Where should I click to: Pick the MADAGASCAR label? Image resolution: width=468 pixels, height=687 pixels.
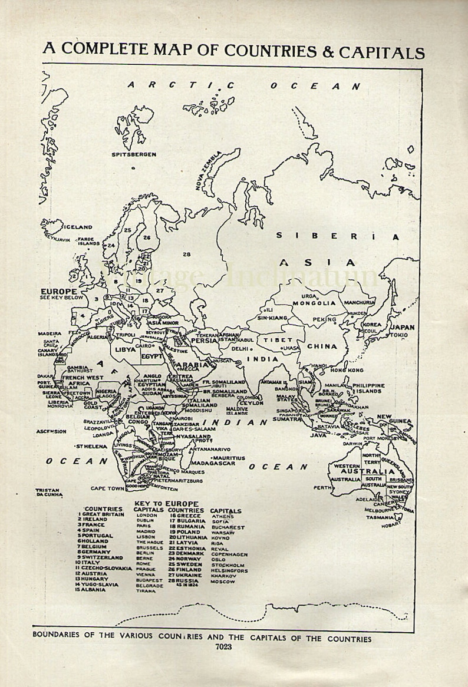pos(213,463)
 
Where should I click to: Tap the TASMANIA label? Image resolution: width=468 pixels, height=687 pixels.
pos(379,517)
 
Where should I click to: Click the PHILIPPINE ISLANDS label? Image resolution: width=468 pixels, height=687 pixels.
pos(368,388)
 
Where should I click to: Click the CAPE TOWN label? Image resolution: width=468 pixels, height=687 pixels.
pos(107,488)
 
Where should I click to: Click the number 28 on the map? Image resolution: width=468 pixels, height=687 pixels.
pos(187,255)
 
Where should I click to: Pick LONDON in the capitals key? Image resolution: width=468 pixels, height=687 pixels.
pos(146,515)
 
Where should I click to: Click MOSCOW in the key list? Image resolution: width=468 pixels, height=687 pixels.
pos(223,582)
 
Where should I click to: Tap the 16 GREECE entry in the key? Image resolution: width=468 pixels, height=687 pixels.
pos(185,516)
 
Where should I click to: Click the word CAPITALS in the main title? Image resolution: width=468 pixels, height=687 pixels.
pos(381,52)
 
